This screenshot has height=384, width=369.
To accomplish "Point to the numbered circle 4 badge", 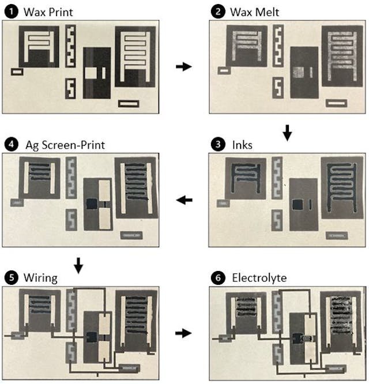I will point(11,145).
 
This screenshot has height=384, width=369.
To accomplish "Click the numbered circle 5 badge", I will point(11,278).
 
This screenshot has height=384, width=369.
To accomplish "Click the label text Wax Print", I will point(48,11).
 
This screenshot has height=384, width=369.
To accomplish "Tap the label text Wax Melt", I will point(254,11).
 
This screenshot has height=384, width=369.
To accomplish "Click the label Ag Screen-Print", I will point(65,145).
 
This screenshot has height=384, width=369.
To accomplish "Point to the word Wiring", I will point(40,278).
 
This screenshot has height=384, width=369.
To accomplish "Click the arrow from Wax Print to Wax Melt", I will point(183,67).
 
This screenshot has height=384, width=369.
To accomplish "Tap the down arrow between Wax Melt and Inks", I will point(288,134).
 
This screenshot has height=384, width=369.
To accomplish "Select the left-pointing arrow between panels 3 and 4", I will point(184,200).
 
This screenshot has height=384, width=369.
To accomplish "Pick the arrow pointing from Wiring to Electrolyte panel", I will point(183,333).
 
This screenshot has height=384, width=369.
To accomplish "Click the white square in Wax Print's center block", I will point(92,73).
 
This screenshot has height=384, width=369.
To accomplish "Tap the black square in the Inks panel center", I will point(298,205).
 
